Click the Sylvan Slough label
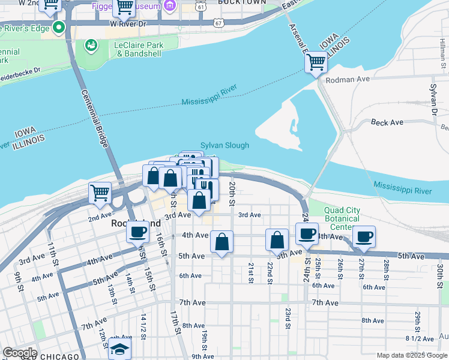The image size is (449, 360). pos(224,145)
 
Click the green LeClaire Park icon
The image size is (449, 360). pos(91,45)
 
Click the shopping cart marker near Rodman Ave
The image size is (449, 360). pos(316,61)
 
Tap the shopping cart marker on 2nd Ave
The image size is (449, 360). pos(100,193)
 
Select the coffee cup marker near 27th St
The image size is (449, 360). pos(364,236)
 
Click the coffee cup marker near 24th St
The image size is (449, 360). pos(307,234)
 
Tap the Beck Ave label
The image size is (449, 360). pos(387,122)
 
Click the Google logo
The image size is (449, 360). pos(19,353)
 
